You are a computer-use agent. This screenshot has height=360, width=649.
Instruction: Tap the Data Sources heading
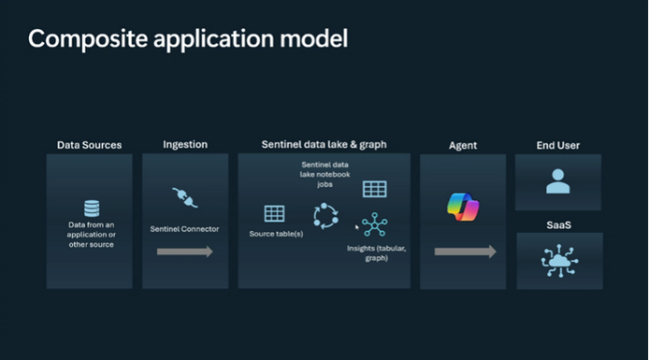coord(89,145)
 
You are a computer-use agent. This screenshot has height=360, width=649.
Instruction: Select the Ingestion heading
coord(185,145)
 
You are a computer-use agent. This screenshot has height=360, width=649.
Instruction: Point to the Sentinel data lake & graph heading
coord(324,145)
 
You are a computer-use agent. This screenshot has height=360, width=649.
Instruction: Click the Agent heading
coord(462,146)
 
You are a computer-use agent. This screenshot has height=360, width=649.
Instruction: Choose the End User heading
coord(558,145)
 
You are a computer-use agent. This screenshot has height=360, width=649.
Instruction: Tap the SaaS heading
coord(558,224)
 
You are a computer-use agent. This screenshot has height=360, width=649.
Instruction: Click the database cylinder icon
coord(92,208)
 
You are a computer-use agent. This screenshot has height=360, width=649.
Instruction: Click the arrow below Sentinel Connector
coord(184,252)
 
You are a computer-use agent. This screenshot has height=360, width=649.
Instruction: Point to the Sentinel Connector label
coord(184,228)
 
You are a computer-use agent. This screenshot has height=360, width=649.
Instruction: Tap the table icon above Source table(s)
coord(274,213)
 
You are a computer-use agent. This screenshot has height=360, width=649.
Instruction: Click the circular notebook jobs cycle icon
coord(324,217)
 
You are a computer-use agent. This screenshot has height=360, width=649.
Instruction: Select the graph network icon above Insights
coord(375,226)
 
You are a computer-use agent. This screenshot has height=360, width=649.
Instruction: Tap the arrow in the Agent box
coord(465,252)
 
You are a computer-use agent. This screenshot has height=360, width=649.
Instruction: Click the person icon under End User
coord(558,181)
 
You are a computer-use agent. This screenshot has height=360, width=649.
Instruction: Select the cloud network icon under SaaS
coord(558,261)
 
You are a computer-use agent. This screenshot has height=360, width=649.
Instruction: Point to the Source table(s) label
coord(276,233)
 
